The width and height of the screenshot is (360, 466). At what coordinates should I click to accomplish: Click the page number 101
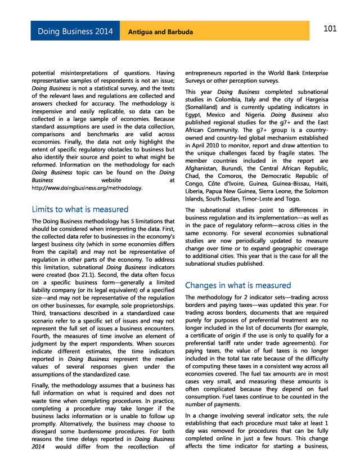click(x=330, y=29)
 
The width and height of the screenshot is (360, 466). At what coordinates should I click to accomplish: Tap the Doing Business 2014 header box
click(x=75, y=32)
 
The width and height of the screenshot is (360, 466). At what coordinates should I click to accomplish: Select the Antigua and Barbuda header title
click(x=160, y=32)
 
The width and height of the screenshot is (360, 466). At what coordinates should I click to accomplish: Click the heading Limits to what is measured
click(x=80, y=209)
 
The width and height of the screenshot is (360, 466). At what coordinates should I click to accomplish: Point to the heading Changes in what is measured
click(x=238, y=285)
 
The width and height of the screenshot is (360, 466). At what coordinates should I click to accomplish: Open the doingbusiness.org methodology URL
click(x=87, y=187)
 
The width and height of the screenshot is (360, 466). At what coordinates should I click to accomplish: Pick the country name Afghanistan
click(x=205, y=168)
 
